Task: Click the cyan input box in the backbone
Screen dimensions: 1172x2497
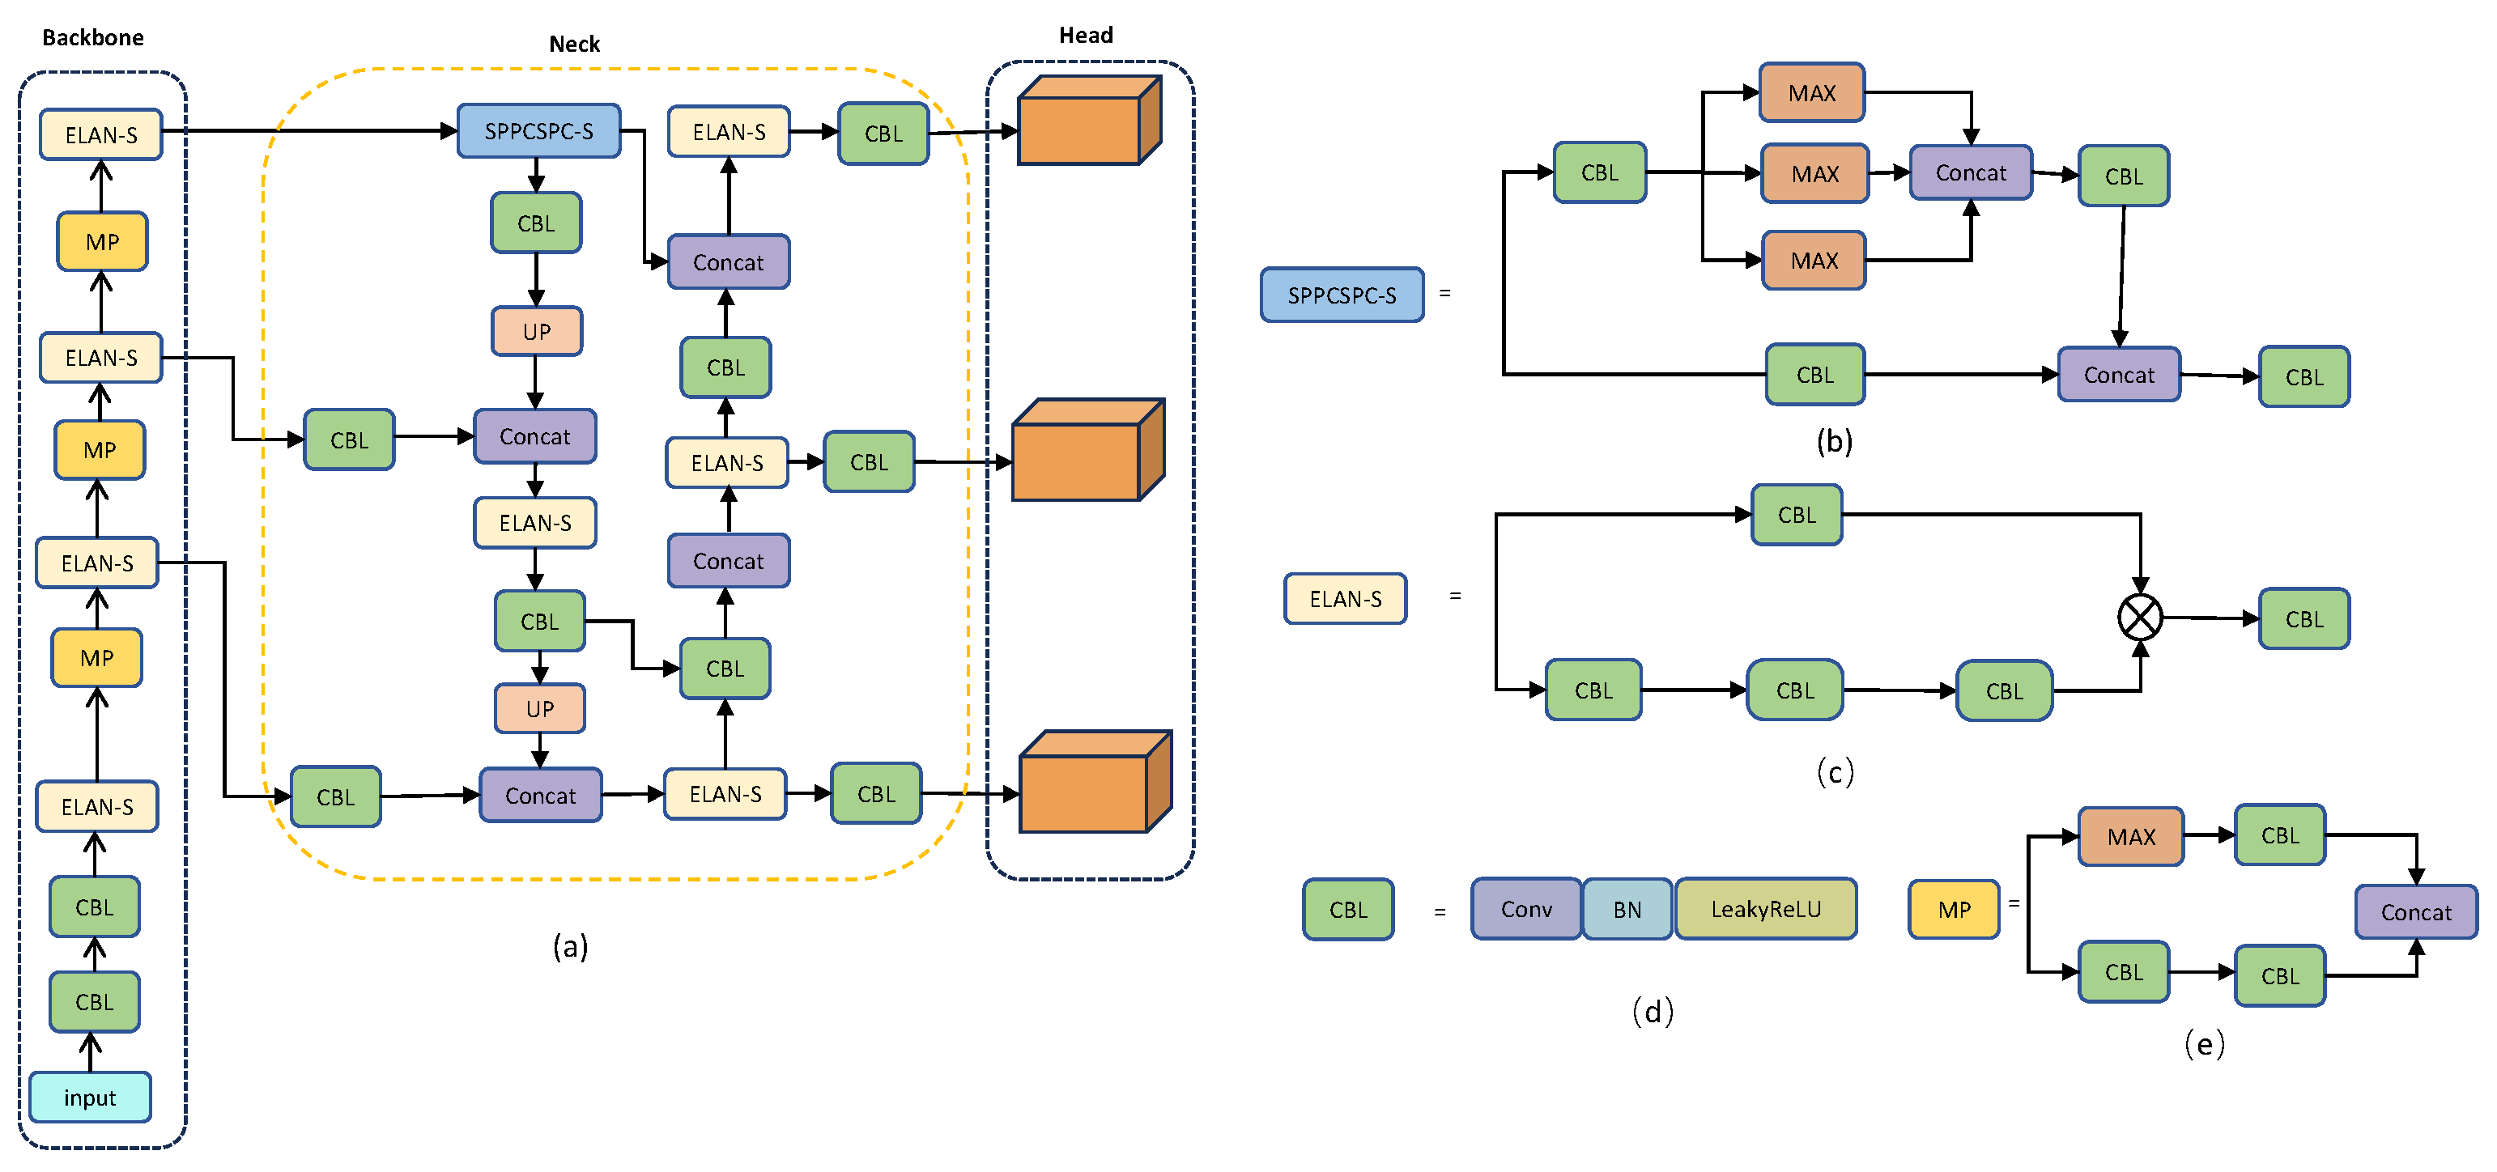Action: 89,1098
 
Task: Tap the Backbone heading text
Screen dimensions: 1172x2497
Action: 93,38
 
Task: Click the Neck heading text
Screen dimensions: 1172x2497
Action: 574,44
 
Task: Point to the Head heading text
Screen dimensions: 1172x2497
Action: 1086,35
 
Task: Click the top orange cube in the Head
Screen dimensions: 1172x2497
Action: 1087,121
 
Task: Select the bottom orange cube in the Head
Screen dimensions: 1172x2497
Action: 1093,783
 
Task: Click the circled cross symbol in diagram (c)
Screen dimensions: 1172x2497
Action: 2139,618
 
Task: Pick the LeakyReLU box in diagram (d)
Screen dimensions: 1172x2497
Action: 1765,909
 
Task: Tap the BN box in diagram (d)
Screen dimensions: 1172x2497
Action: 1627,909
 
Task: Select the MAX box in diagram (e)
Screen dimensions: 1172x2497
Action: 2130,837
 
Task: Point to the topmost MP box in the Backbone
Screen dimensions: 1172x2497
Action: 102,241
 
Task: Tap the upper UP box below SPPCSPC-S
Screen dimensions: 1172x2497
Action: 536,332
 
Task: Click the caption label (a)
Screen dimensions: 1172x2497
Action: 570,946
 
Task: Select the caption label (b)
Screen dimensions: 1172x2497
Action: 1834,442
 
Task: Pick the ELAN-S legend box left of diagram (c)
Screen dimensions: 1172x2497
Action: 1345,599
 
